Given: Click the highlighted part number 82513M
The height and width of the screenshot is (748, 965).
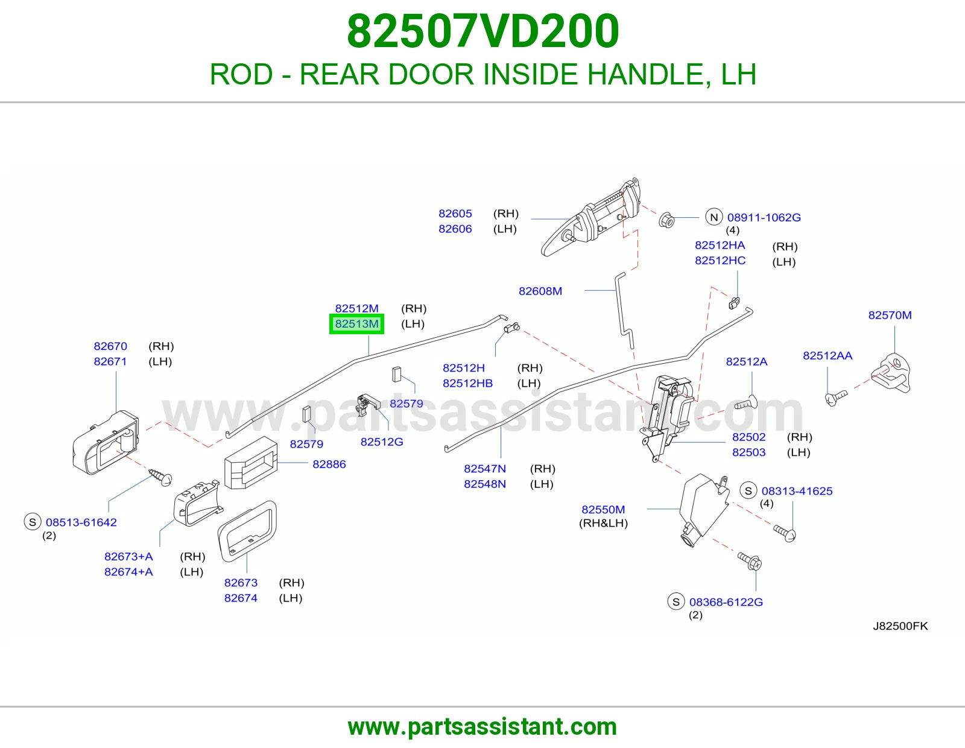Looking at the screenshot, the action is click(x=356, y=324).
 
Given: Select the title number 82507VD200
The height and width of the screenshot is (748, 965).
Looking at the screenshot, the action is click(x=482, y=31).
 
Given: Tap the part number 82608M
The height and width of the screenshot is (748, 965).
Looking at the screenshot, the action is click(x=540, y=291).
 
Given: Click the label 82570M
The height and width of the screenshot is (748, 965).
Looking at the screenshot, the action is click(x=890, y=315).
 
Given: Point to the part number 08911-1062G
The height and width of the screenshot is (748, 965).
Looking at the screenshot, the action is click(x=764, y=217).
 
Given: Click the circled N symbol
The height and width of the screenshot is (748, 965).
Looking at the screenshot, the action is click(x=713, y=217).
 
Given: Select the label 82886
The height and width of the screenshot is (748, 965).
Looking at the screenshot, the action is click(x=329, y=464).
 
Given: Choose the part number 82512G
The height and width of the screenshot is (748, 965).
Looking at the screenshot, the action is click(x=382, y=442).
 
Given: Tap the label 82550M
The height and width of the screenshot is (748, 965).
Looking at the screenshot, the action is click(x=603, y=509).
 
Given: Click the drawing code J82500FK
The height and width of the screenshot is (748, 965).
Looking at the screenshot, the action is click(x=900, y=626).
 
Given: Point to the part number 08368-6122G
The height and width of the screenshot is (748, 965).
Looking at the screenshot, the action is click(x=726, y=602).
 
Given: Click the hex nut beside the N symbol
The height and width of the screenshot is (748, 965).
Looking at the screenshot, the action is click(x=666, y=220).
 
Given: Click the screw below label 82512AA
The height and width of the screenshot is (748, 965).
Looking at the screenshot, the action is click(x=836, y=397).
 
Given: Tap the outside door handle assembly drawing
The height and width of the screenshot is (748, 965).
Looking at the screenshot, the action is click(x=590, y=217).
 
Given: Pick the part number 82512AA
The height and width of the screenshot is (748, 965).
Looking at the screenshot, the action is click(x=827, y=355).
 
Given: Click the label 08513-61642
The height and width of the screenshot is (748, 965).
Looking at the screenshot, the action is click(x=81, y=522).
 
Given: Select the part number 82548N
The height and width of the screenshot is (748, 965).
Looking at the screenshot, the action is click(x=485, y=484).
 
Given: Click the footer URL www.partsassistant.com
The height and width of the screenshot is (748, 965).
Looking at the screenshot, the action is click(x=482, y=727).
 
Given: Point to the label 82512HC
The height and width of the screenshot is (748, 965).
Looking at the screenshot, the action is click(x=720, y=260).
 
